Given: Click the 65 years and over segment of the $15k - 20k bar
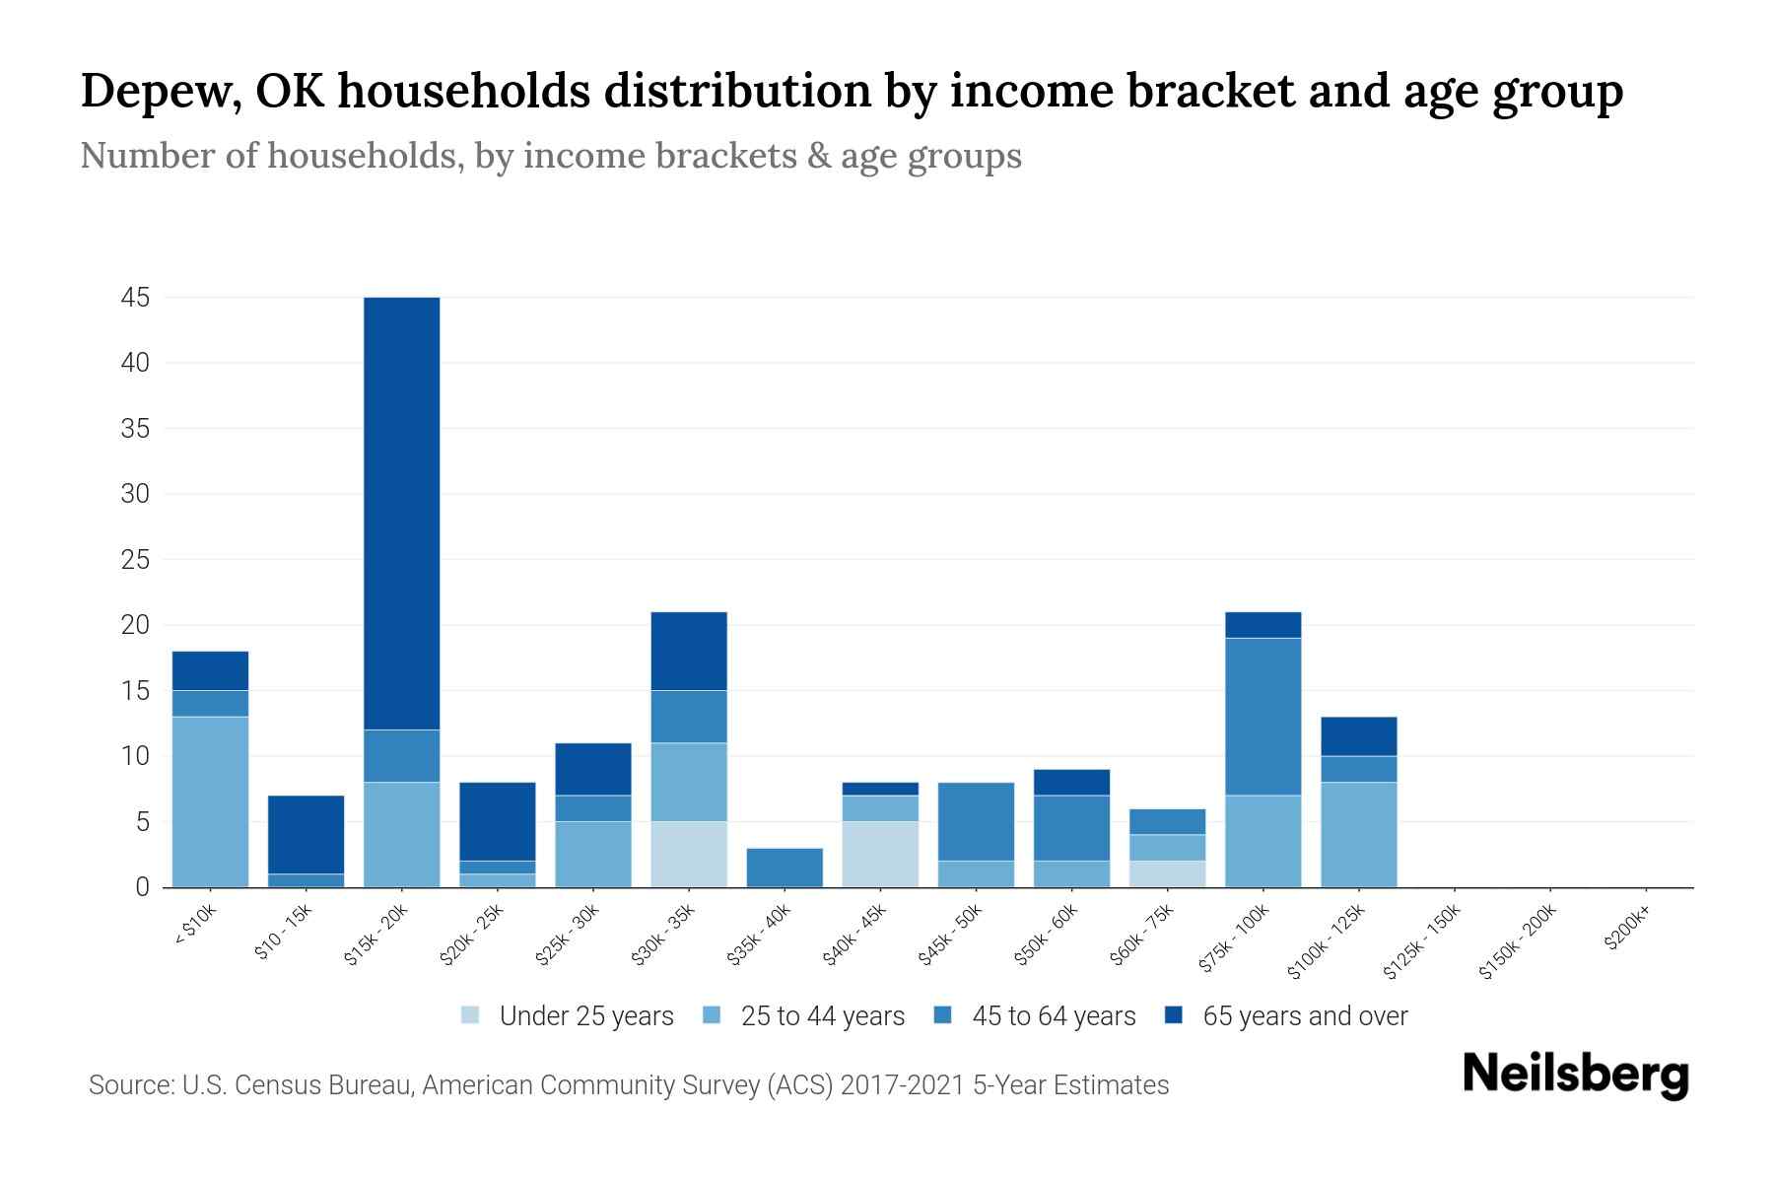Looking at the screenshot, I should pos(401,513).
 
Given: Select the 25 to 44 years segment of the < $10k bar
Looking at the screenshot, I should pos(210,801).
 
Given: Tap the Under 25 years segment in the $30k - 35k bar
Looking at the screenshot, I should pos(689,854).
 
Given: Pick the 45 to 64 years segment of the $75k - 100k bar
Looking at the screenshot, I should pos(1262,717).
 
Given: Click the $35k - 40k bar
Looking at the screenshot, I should pos(785,868).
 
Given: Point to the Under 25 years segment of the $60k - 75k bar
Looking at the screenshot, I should pos(1167,873).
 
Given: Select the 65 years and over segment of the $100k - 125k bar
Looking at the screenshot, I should pos(1358,736).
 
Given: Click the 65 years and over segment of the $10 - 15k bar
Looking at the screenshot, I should pos(306,834).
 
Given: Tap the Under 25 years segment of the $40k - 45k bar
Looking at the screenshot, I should pos(880,854).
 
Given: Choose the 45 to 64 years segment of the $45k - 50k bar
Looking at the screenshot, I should pos(976,821).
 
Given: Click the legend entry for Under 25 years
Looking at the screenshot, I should pos(568,1016).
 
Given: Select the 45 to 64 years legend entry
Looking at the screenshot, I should pos(1035,1016).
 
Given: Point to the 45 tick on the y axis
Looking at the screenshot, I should pos(135,298).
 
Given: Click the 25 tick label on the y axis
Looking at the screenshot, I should pos(135,560).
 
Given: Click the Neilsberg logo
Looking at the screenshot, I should pos(1575,1075).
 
